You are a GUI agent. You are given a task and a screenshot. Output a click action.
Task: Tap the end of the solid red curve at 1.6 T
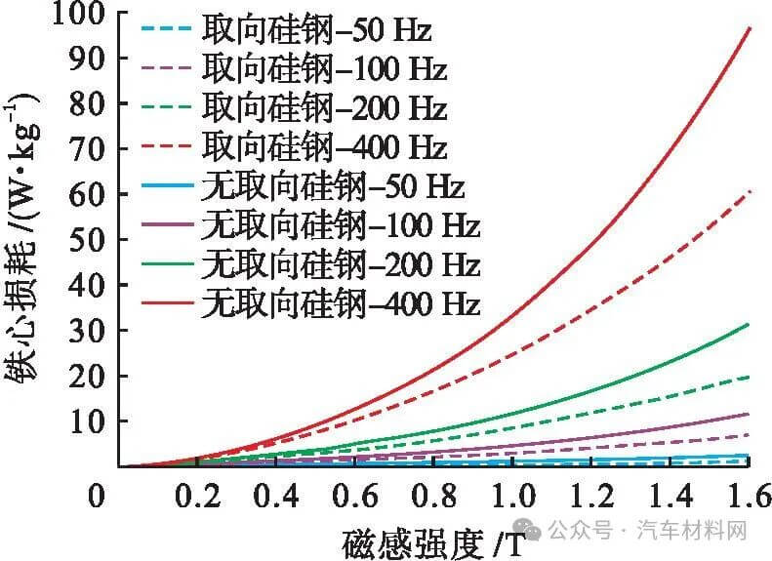pyautogui.click(x=749, y=28)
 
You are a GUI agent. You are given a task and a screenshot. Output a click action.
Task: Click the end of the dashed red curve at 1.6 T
pyautogui.click(x=749, y=191)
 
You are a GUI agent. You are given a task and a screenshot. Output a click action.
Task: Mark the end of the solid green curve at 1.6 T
pyautogui.click(x=749, y=324)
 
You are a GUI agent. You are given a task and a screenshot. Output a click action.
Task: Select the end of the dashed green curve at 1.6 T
pyautogui.click(x=749, y=377)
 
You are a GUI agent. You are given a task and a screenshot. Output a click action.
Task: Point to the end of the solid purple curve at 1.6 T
pyautogui.click(x=749, y=414)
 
